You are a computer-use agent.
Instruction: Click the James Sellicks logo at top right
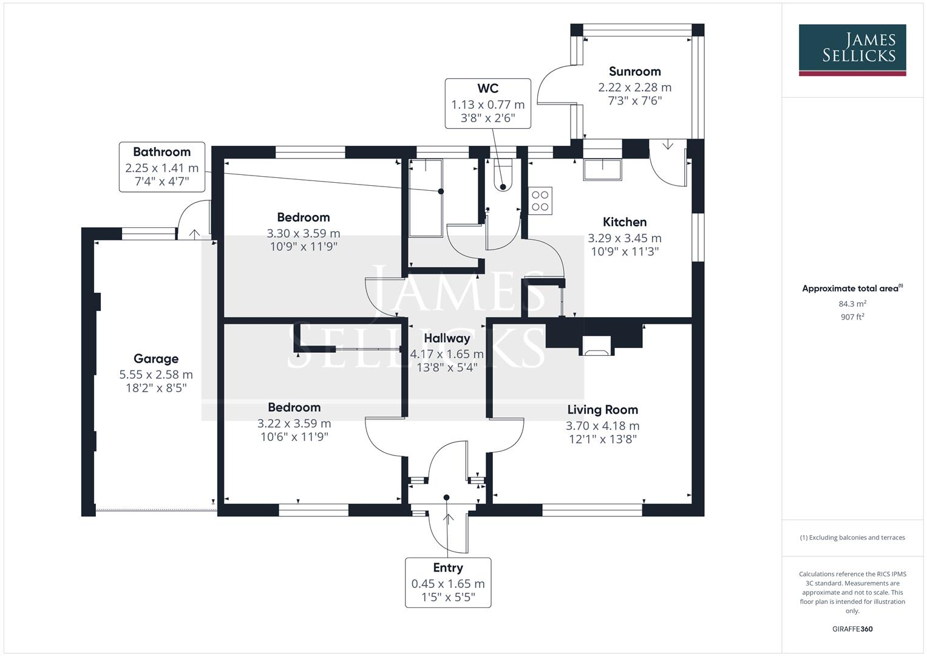click(852, 49)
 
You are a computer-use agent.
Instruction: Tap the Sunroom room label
click(634, 72)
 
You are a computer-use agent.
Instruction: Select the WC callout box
click(487, 104)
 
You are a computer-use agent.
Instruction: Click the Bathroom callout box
click(161, 167)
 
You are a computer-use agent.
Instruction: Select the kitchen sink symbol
click(602, 170)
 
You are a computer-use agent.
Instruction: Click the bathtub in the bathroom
click(426, 198)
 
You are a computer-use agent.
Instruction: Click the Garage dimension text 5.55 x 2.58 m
click(156, 375)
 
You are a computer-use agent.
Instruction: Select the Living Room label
click(602, 410)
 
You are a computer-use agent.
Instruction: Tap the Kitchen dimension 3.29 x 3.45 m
click(625, 239)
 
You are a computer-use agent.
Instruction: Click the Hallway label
click(447, 338)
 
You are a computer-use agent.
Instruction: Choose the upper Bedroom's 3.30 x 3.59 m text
click(303, 233)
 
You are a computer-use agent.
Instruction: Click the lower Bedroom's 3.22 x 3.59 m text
click(294, 423)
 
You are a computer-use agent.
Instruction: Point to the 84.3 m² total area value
click(852, 304)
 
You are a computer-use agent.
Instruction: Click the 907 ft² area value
click(852, 317)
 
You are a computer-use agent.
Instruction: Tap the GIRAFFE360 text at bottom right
click(852, 629)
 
